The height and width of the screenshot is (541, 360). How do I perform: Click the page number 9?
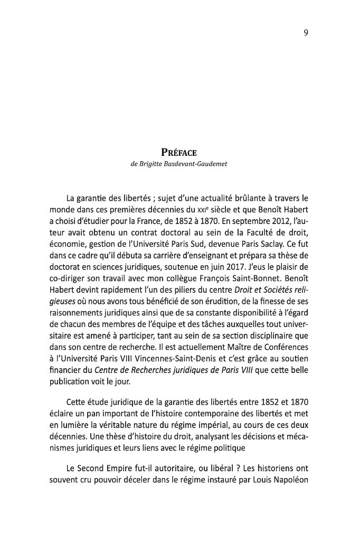coord(306,33)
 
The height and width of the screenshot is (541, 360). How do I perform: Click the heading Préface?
coord(179,153)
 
